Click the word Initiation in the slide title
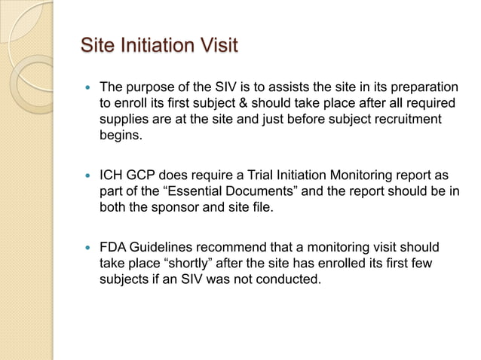click(x=154, y=45)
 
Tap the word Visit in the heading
click(x=217, y=45)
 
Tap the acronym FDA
click(x=113, y=248)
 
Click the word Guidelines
click(x=164, y=248)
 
